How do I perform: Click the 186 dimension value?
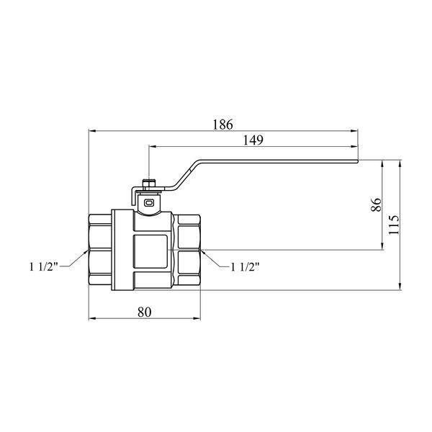pyautogui.click(x=223, y=125)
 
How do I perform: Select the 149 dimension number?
pyautogui.click(x=253, y=140)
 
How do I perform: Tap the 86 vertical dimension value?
pyautogui.click(x=376, y=204)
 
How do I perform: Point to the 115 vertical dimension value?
pyautogui.click(x=394, y=225)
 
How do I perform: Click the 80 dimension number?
pyautogui.click(x=145, y=312)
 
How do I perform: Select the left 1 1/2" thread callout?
pyautogui.click(x=44, y=266)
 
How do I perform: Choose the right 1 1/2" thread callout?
pyautogui.click(x=245, y=266)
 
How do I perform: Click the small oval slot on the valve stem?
pyautogui.click(x=149, y=203)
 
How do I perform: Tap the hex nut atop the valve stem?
pyautogui.click(x=149, y=184)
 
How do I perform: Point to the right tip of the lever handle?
pyautogui.click(x=358, y=161)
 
